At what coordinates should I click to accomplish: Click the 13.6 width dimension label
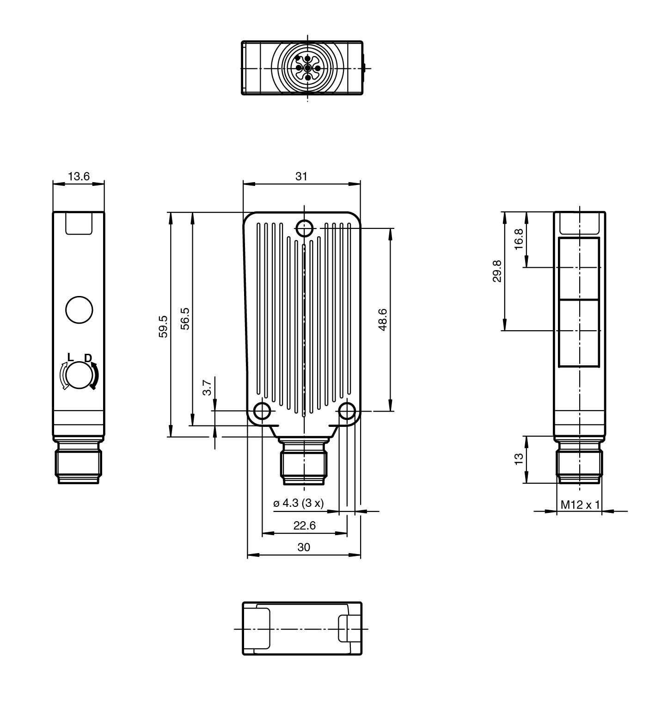click(x=79, y=176)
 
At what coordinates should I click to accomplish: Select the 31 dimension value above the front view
click(x=301, y=176)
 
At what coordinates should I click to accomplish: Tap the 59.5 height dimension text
click(x=164, y=327)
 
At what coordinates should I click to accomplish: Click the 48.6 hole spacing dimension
click(x=383, y=320)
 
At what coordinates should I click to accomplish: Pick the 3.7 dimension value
click(x=208, y=388)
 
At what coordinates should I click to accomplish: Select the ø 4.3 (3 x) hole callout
click(x=299, y=503)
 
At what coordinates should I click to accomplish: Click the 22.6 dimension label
click(x=304, y=525)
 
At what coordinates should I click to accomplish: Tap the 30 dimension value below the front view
click(x=304, y=547)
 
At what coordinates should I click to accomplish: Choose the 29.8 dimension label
click(x=497, y=271)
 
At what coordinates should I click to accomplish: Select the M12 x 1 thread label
click(x=580, y=505)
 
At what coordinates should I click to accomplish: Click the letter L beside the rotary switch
click(x=70, y=357)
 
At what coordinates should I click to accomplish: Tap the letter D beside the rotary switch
click(x=88, y=358)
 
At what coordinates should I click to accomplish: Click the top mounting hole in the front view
click(x=304, y=228)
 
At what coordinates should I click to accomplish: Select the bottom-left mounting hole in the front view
click(x=262, y=411)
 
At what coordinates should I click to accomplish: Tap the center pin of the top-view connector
click(x=308, y=68)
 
